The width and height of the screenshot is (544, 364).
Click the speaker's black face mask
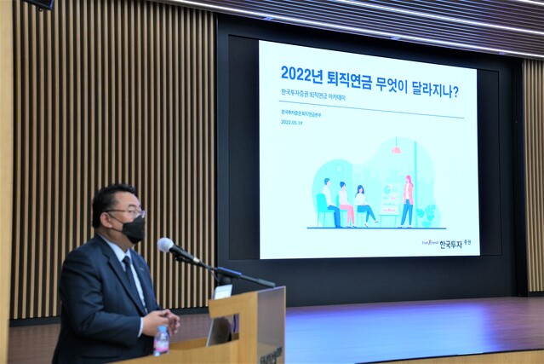[x=132, y=228]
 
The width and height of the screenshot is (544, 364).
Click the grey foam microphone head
[x=166, y=246]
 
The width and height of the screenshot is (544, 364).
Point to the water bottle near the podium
[x=161, y=341]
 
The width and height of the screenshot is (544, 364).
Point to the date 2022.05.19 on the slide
[x=291, y=122]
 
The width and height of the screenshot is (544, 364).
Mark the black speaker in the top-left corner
[x=39, y=4]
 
